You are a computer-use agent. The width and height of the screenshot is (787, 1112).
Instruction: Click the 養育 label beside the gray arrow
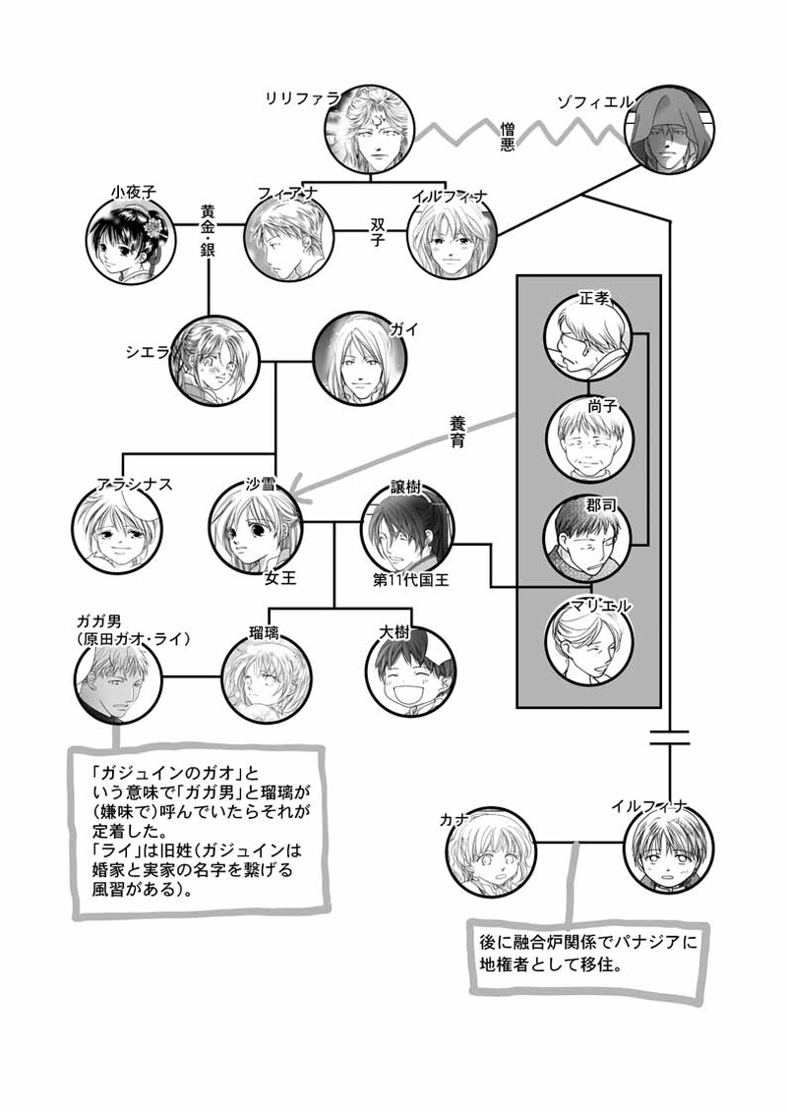point(464,430)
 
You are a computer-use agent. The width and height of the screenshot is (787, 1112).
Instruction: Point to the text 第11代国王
point(411,580)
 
